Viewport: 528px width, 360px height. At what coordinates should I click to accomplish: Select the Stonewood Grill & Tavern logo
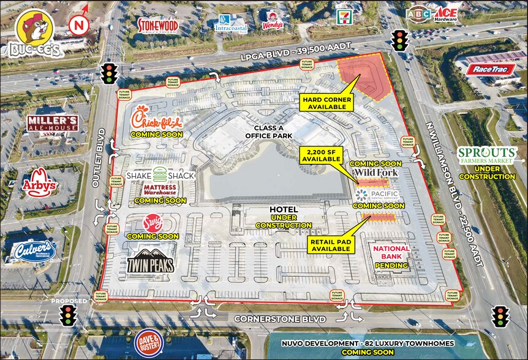[x=157, y=24]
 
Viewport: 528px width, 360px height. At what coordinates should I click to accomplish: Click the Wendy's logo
[x=273, y=20]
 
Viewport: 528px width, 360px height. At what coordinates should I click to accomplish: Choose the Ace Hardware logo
[x=447, y=14]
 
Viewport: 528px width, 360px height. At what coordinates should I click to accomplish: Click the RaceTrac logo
[x=490, y=69]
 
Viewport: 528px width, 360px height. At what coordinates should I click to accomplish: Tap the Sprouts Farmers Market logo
[x=486, y=156]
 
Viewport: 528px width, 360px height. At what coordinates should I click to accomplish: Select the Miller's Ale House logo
[x=52, y=123]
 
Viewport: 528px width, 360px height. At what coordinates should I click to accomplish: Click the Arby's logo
[x=40, y=182]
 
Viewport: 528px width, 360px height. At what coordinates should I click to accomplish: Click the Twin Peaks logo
[x=151, y=261]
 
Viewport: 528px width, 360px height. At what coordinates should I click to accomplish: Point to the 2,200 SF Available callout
[x=321, y=155]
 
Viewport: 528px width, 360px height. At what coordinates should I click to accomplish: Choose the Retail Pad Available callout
[x=331, y=244]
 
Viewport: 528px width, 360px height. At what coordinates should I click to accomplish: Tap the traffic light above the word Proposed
[x=68, y=316]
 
